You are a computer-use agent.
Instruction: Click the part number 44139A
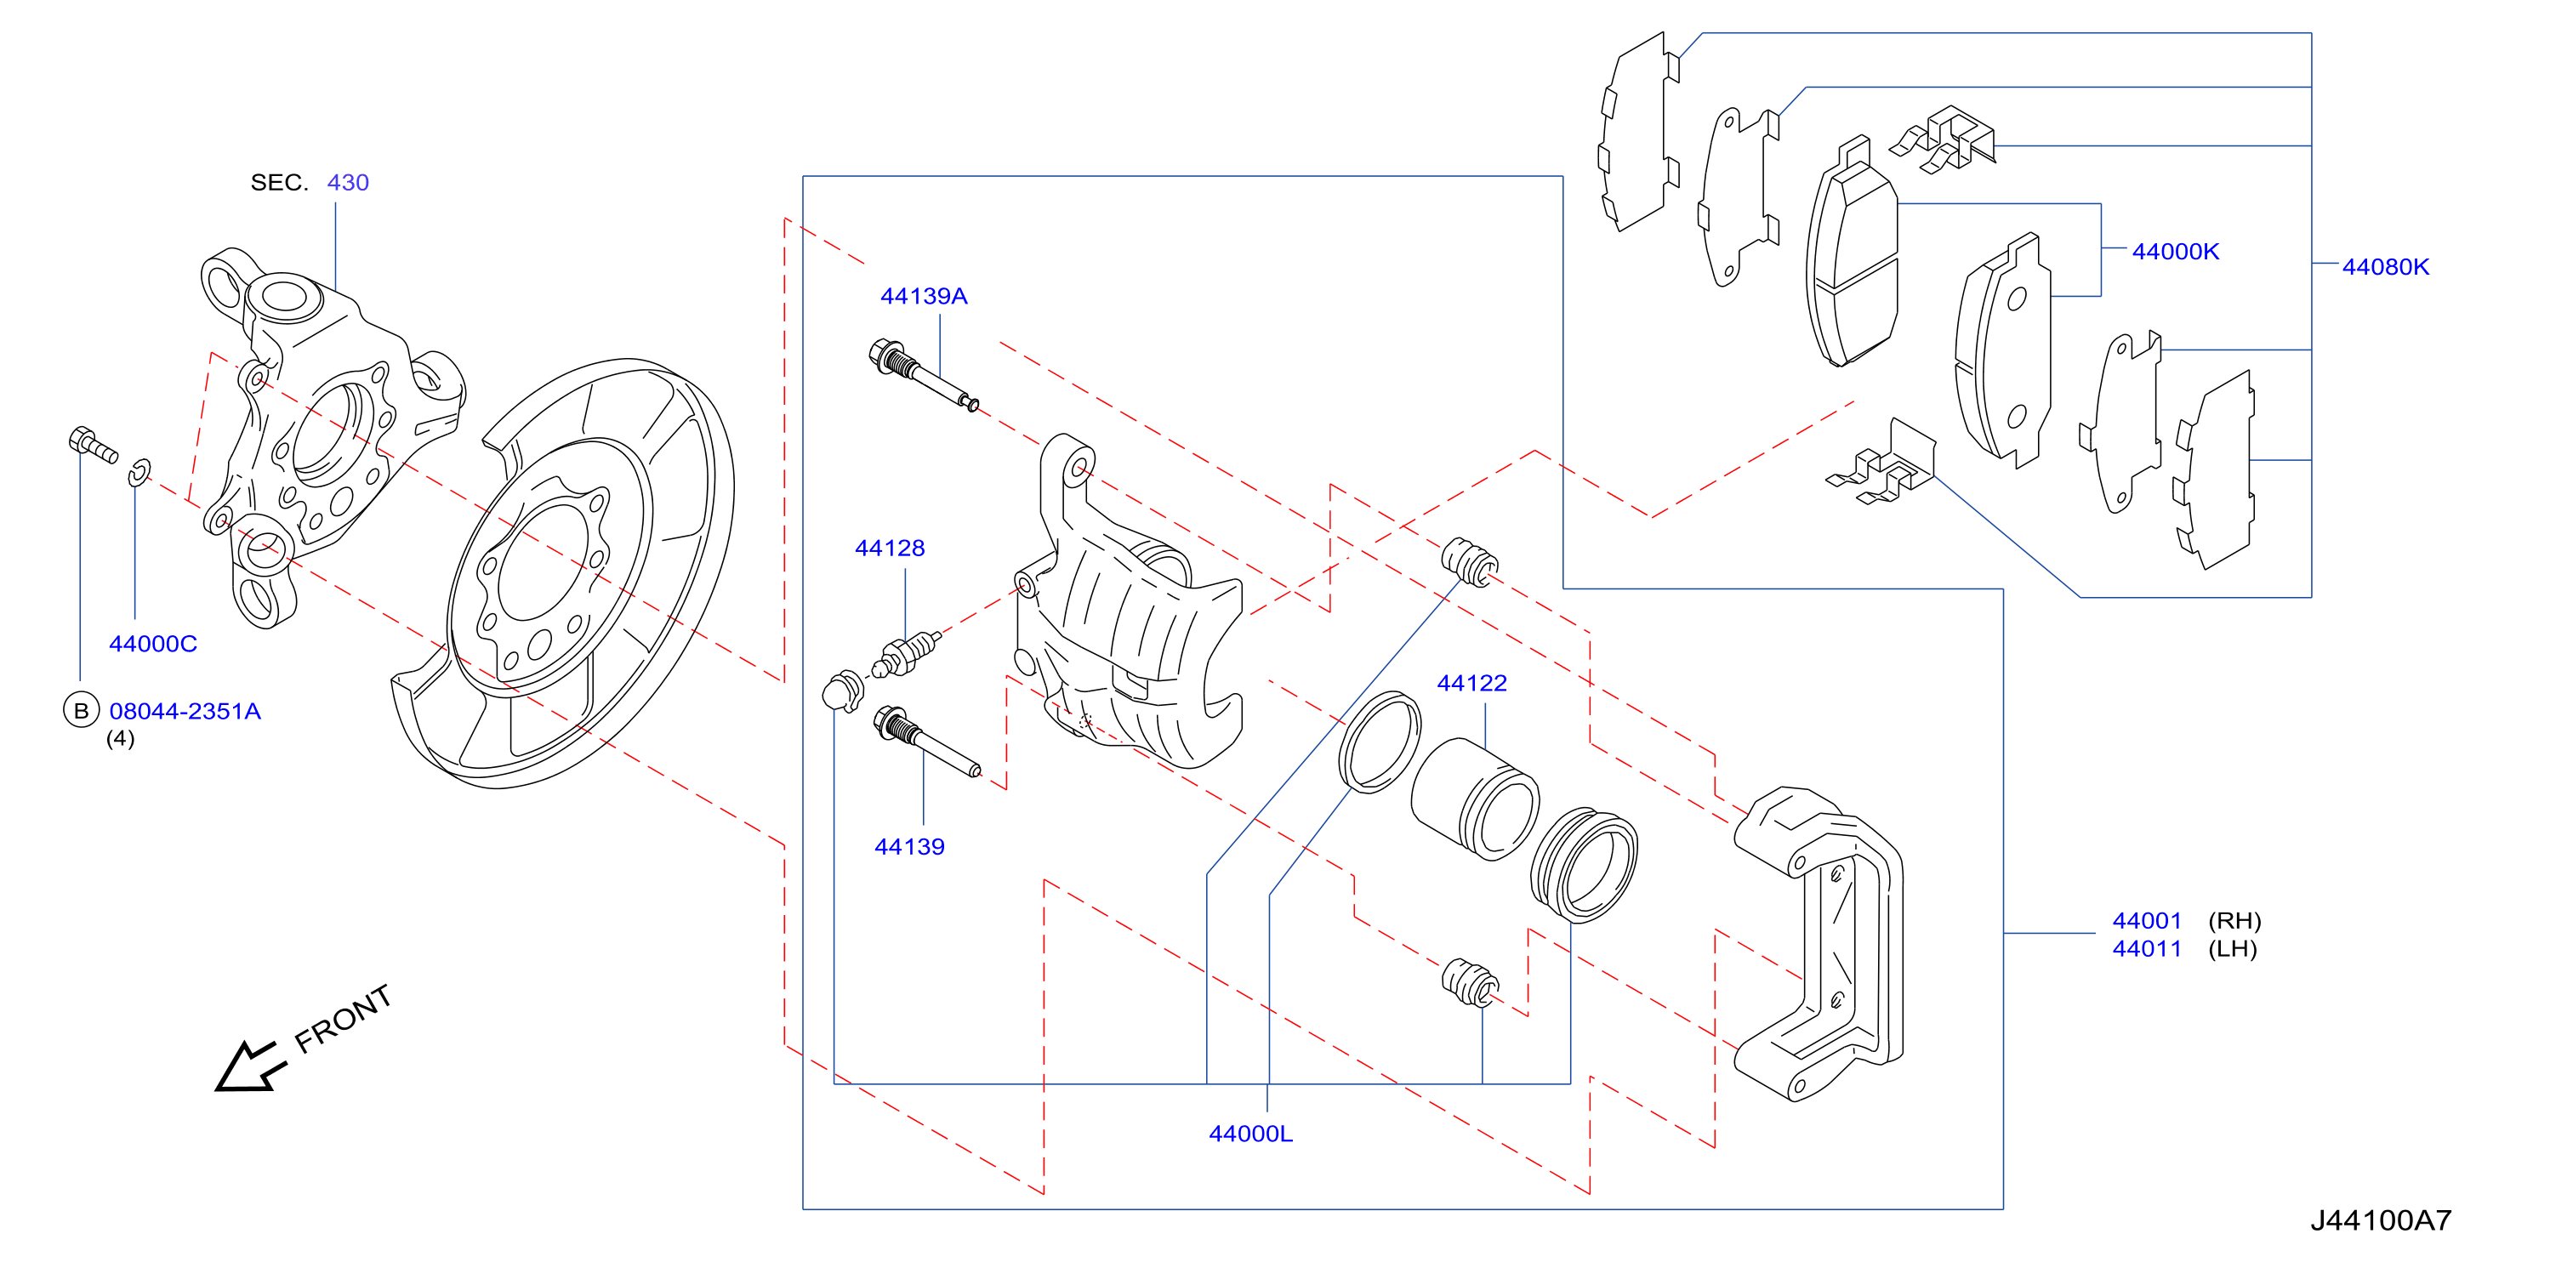[x=923, y=296]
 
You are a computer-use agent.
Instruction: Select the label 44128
[x=889, y=548]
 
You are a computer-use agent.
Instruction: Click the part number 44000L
[x=1250, y=1134]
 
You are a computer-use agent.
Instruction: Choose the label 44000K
[x=2175, y=252]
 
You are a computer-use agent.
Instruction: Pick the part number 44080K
[x=2385, y=266]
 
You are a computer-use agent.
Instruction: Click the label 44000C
[x=152, y=644]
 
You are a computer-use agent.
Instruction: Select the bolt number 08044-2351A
[x=185, y=711]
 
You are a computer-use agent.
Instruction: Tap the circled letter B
[x=81, y=710]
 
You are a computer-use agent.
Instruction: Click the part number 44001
[x=2146, y=920]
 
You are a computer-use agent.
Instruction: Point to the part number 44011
[x=2146, y=948]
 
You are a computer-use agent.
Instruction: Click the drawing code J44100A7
[x=2381, y=1220]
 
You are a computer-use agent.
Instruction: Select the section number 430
[x=348, y=182]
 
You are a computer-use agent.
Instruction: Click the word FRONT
[x=343, y=1020]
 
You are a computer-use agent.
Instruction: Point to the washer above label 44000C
[x=139, y=472]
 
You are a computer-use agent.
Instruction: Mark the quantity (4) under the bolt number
[x=120, y=738]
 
